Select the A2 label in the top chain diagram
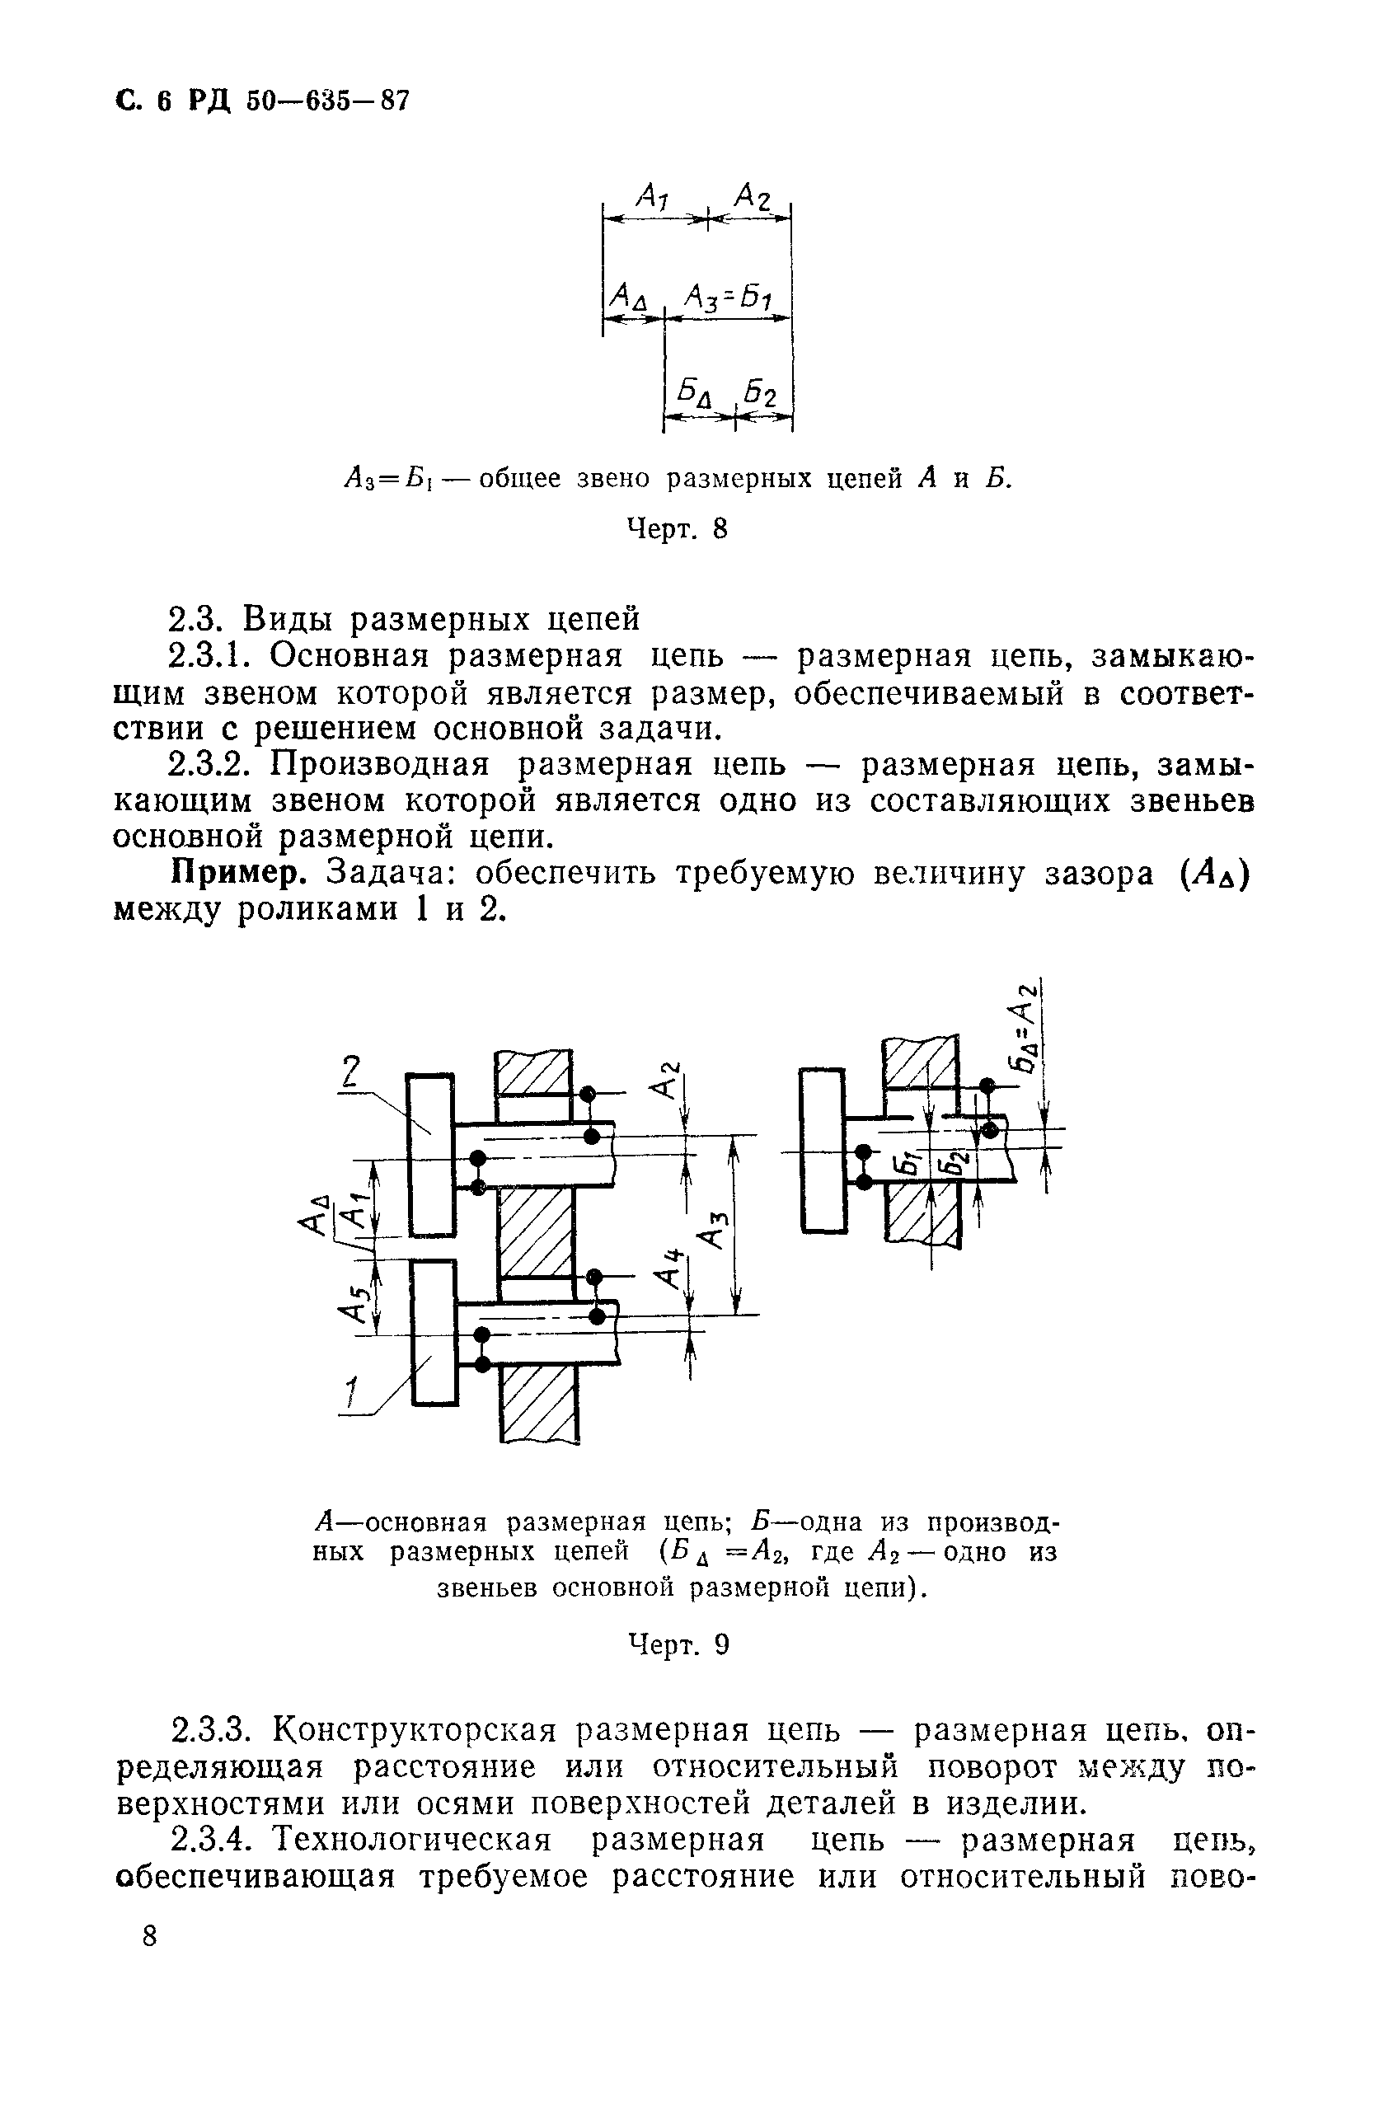753,195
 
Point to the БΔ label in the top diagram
697,392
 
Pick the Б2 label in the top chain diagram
762,391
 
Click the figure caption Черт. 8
677,529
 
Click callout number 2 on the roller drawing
352,1073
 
